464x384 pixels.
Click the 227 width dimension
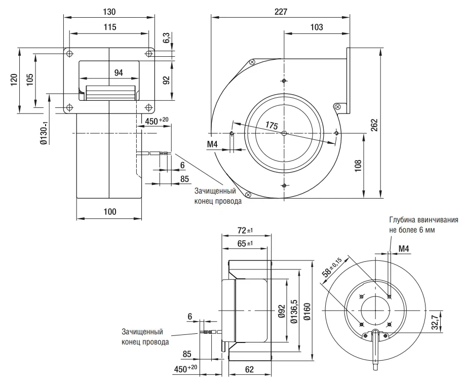click(281, 12)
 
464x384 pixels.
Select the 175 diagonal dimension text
click(272, 126)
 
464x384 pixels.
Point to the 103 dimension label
click(316, 27)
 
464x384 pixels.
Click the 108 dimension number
click(358, 166)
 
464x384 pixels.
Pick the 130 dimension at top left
click(109, 12)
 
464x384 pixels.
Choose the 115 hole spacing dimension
click(110, 27)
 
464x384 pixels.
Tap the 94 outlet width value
click(119, 72)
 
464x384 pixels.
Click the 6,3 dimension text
click(167, 38)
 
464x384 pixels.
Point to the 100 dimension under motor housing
click(110, 212)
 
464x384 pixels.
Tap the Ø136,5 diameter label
click(294, 311)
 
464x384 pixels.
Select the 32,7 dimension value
click(435, 322)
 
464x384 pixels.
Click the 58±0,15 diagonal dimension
click(332, 267)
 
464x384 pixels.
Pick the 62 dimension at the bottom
click(249, 369)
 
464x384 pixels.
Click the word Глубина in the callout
click(402, 220)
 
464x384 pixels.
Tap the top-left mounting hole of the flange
click(69, 54)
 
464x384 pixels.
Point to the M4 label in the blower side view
click(212, 144)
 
